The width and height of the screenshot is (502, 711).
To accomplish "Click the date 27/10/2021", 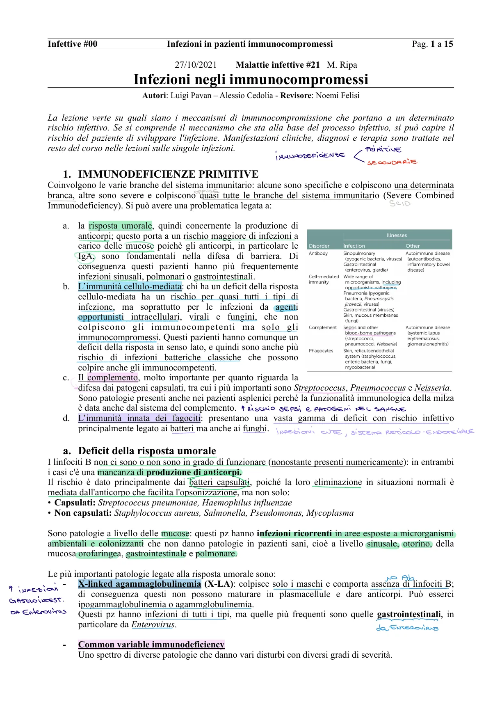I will (196, 65).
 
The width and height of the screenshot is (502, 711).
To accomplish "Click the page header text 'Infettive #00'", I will (73, 44).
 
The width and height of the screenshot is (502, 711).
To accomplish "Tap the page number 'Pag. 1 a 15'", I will (432, 44).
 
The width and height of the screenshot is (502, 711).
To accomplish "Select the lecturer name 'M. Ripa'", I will (342, 65).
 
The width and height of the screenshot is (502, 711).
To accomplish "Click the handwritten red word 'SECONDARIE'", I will (392, 162).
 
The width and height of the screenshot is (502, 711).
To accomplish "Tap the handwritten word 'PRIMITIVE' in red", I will (383, 150).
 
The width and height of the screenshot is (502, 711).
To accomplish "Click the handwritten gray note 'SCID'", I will (399, 203).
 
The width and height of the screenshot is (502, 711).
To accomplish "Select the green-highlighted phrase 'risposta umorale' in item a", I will (120, 226).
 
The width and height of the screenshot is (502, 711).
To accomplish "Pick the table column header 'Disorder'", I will (319, 246).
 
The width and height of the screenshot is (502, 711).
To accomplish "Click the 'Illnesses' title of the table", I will (397, 235).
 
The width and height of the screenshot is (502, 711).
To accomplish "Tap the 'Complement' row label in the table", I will (322, 327).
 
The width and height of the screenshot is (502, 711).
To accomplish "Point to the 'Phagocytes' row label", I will (321, 351).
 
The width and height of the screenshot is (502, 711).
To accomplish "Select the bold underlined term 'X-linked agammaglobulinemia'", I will (139, 584).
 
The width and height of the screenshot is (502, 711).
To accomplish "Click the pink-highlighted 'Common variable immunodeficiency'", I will (151, 645).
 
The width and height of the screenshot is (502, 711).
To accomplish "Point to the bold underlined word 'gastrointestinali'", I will (408, 614).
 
